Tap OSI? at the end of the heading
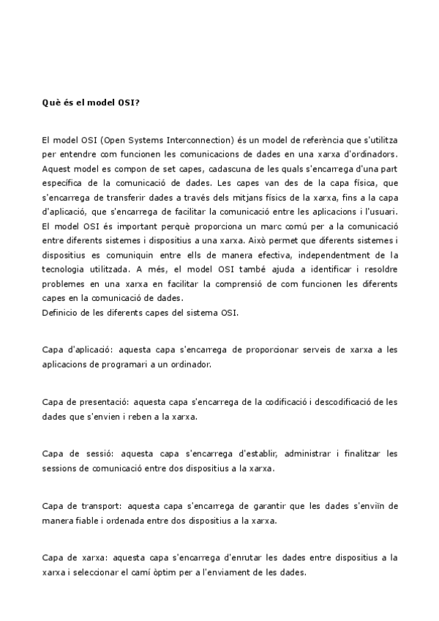click(x=130, y=103)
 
